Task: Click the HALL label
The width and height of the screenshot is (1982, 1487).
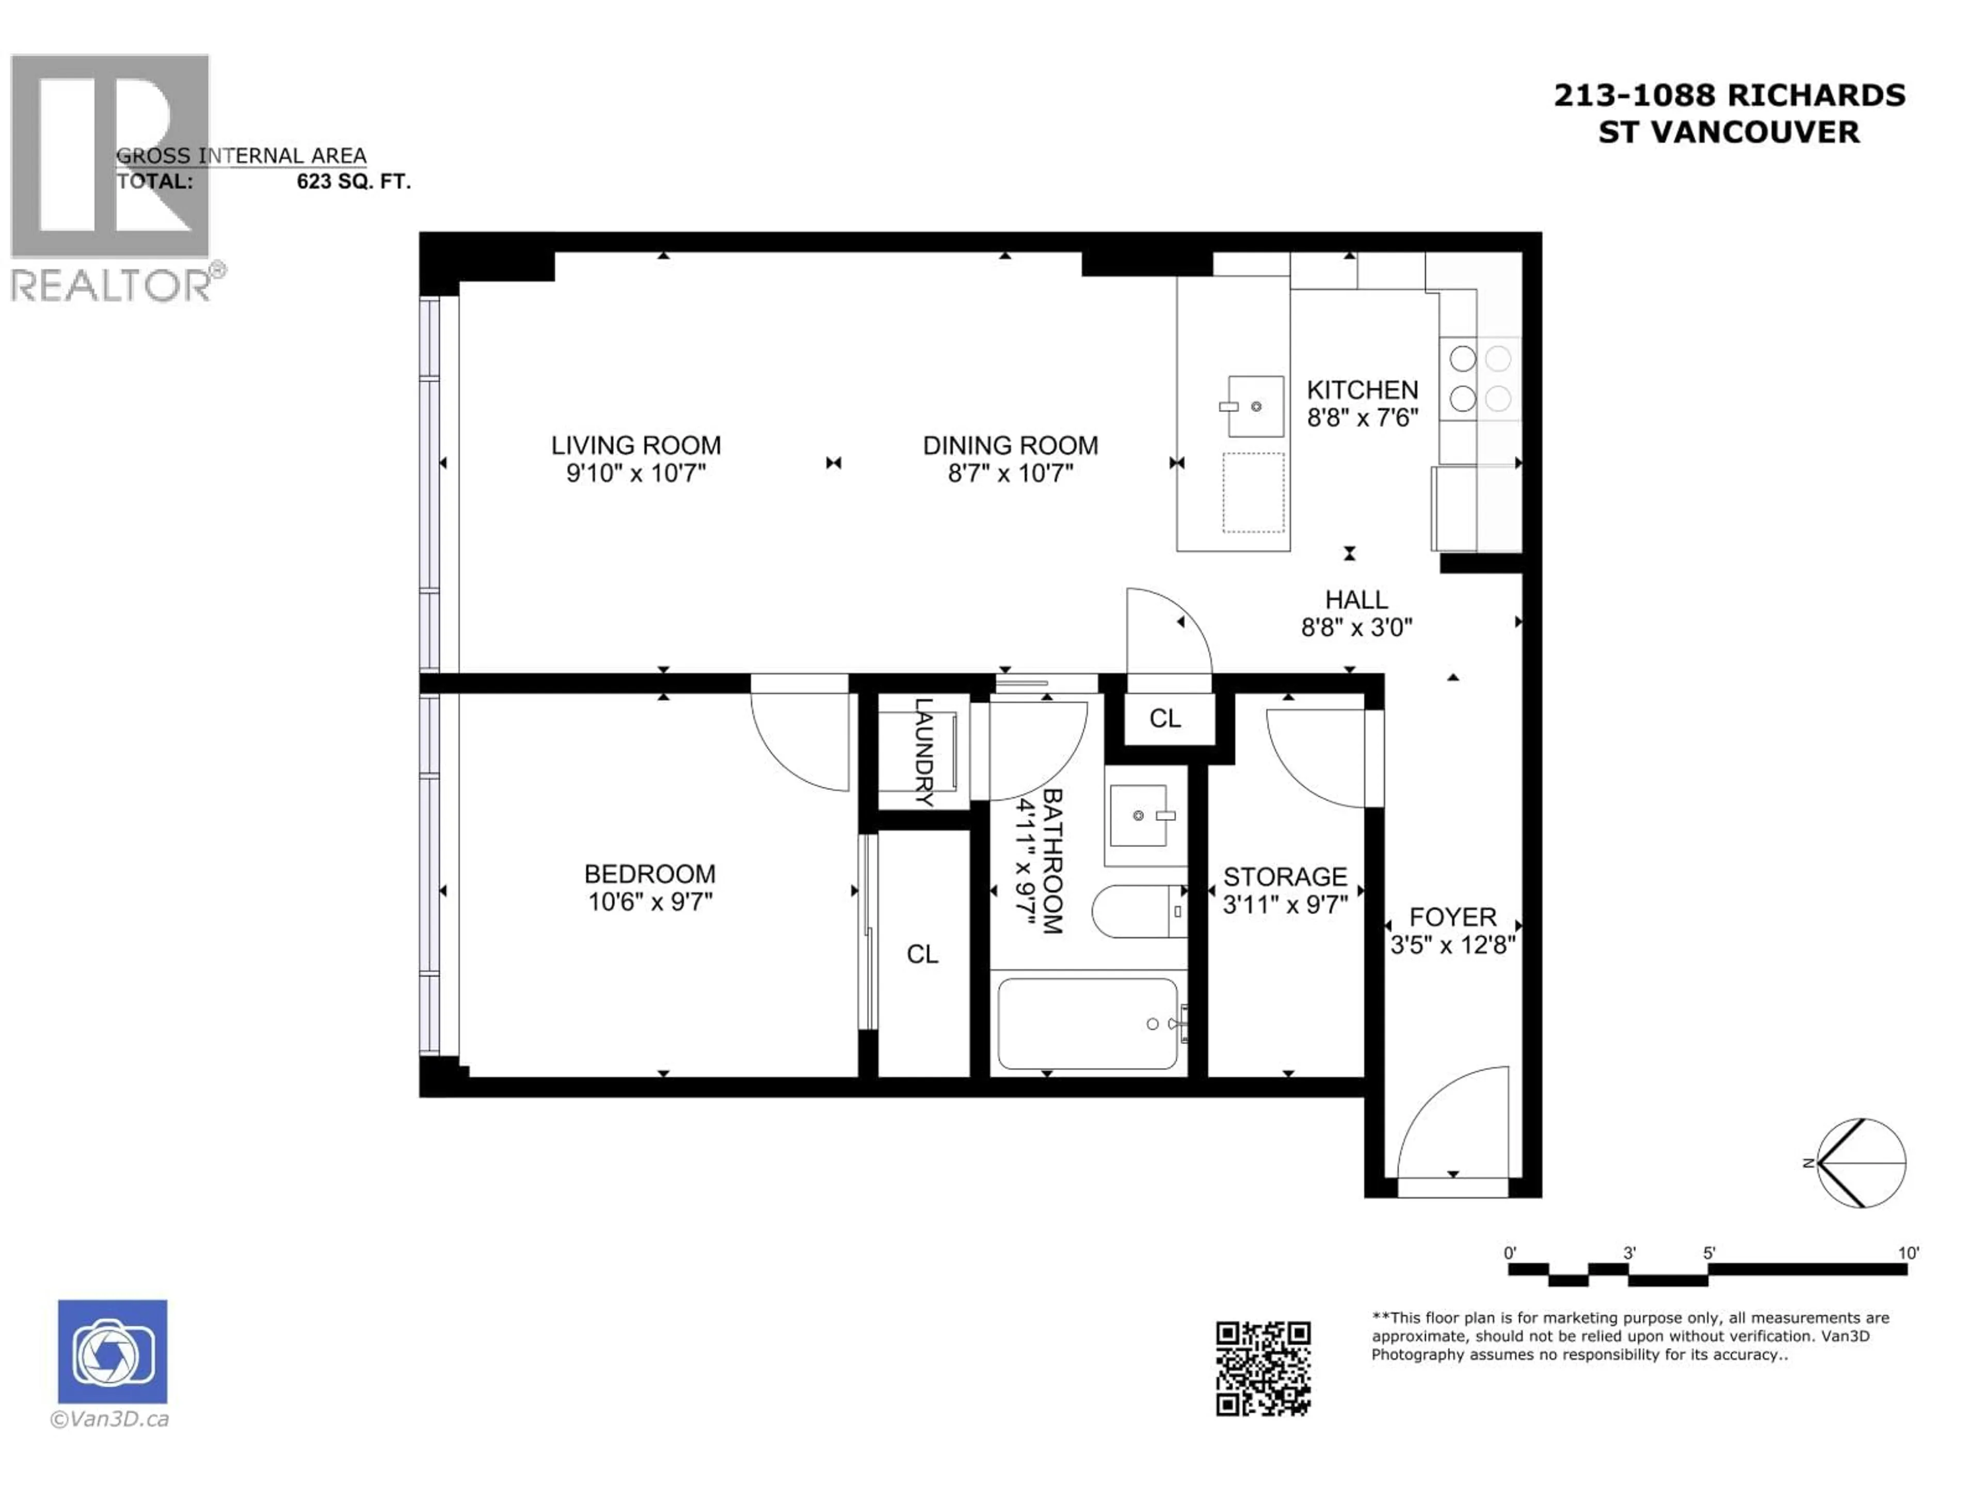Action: click(1356, 599)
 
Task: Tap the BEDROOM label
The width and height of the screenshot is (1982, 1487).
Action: click(650, 874)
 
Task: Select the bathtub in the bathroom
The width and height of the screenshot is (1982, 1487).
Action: click(1088, 1023)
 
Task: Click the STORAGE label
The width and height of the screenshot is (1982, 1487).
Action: click(1284, 877)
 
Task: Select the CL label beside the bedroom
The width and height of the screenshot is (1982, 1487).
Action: click(922, 954)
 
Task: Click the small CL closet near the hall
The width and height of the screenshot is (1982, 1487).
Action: click(1165, 718)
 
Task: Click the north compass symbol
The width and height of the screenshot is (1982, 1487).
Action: click(1860, 1163)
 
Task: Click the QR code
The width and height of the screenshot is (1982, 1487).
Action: click(1262, 1369)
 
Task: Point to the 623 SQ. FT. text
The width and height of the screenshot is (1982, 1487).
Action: click(353, 182)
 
